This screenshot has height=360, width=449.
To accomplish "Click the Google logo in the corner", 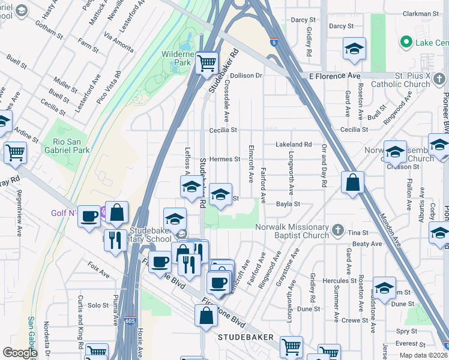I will pos(19,353).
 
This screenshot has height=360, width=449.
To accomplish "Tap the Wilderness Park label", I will pos(175,58).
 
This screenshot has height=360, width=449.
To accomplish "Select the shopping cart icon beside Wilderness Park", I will pos(206,62).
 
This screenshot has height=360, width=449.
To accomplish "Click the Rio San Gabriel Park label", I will pos(67,146).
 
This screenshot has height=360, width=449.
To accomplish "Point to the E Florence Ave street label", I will pos(334,76).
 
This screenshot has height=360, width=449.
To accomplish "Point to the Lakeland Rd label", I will pos(294,145).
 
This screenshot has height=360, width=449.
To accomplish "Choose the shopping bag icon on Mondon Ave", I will pos(353,182).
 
